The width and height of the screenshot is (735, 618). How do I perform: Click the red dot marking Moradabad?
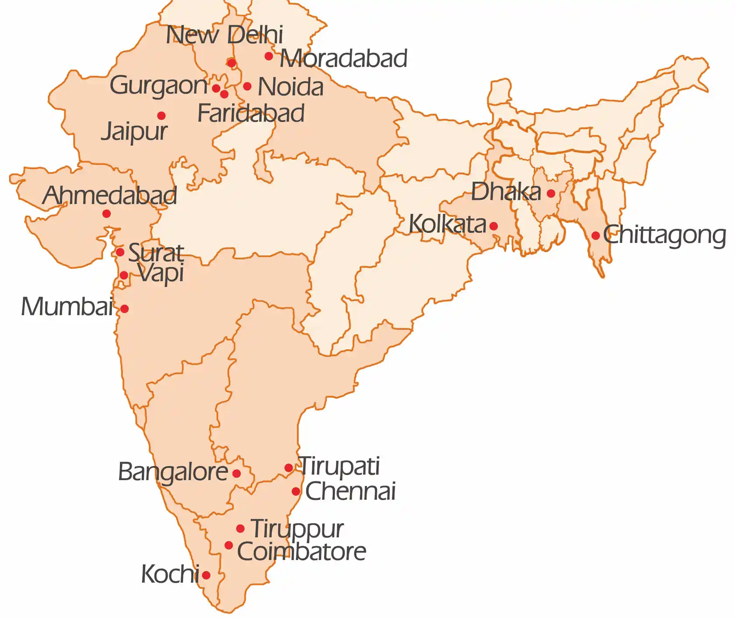tap(269, 56)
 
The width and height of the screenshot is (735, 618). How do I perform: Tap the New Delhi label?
tap(224, 35)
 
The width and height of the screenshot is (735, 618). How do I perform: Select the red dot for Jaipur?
tap(161, 115)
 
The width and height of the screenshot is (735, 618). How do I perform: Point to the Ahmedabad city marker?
tap(106, 214)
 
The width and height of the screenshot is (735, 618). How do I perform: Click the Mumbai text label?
tap(67, 307)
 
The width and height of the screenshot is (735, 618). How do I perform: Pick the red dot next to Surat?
tap(120, 252)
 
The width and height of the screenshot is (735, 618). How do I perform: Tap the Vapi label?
tap(161, 274)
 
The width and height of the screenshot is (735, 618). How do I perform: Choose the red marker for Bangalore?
tap(236, 473)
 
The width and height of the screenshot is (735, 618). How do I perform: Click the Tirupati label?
tap(339, 467)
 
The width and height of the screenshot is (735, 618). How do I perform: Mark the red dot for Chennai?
tap(296, 491)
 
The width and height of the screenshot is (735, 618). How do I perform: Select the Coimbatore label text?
tap(301, 552)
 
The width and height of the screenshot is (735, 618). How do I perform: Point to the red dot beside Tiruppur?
tap(240, 529)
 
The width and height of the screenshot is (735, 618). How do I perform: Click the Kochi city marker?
tap(206, 575)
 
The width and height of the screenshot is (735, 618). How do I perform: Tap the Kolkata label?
tap(447, 224)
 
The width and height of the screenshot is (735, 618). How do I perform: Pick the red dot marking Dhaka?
tap(551, 193)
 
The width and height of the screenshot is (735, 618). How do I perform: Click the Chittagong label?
tap(665, 235)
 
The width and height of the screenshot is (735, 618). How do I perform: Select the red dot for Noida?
tap(247, 86)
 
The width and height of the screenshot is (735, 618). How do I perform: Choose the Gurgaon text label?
tap(158, 85)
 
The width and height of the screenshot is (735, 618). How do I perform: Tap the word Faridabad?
tap(251, 114)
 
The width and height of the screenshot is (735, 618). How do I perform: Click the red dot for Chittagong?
tap(595, 235)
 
